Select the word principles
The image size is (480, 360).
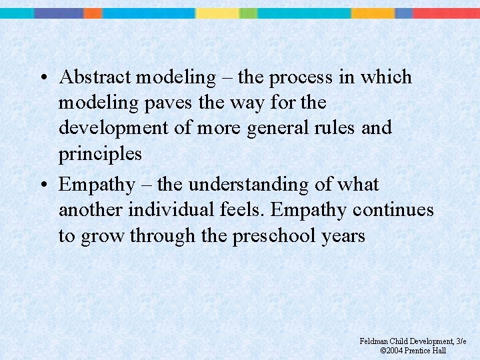[100, 154]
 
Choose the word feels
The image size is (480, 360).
[243, 210]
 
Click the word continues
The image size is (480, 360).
[393, 210]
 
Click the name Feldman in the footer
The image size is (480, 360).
[375, 341]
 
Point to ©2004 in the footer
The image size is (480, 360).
[392, 350]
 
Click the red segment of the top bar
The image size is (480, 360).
[447, 13]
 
